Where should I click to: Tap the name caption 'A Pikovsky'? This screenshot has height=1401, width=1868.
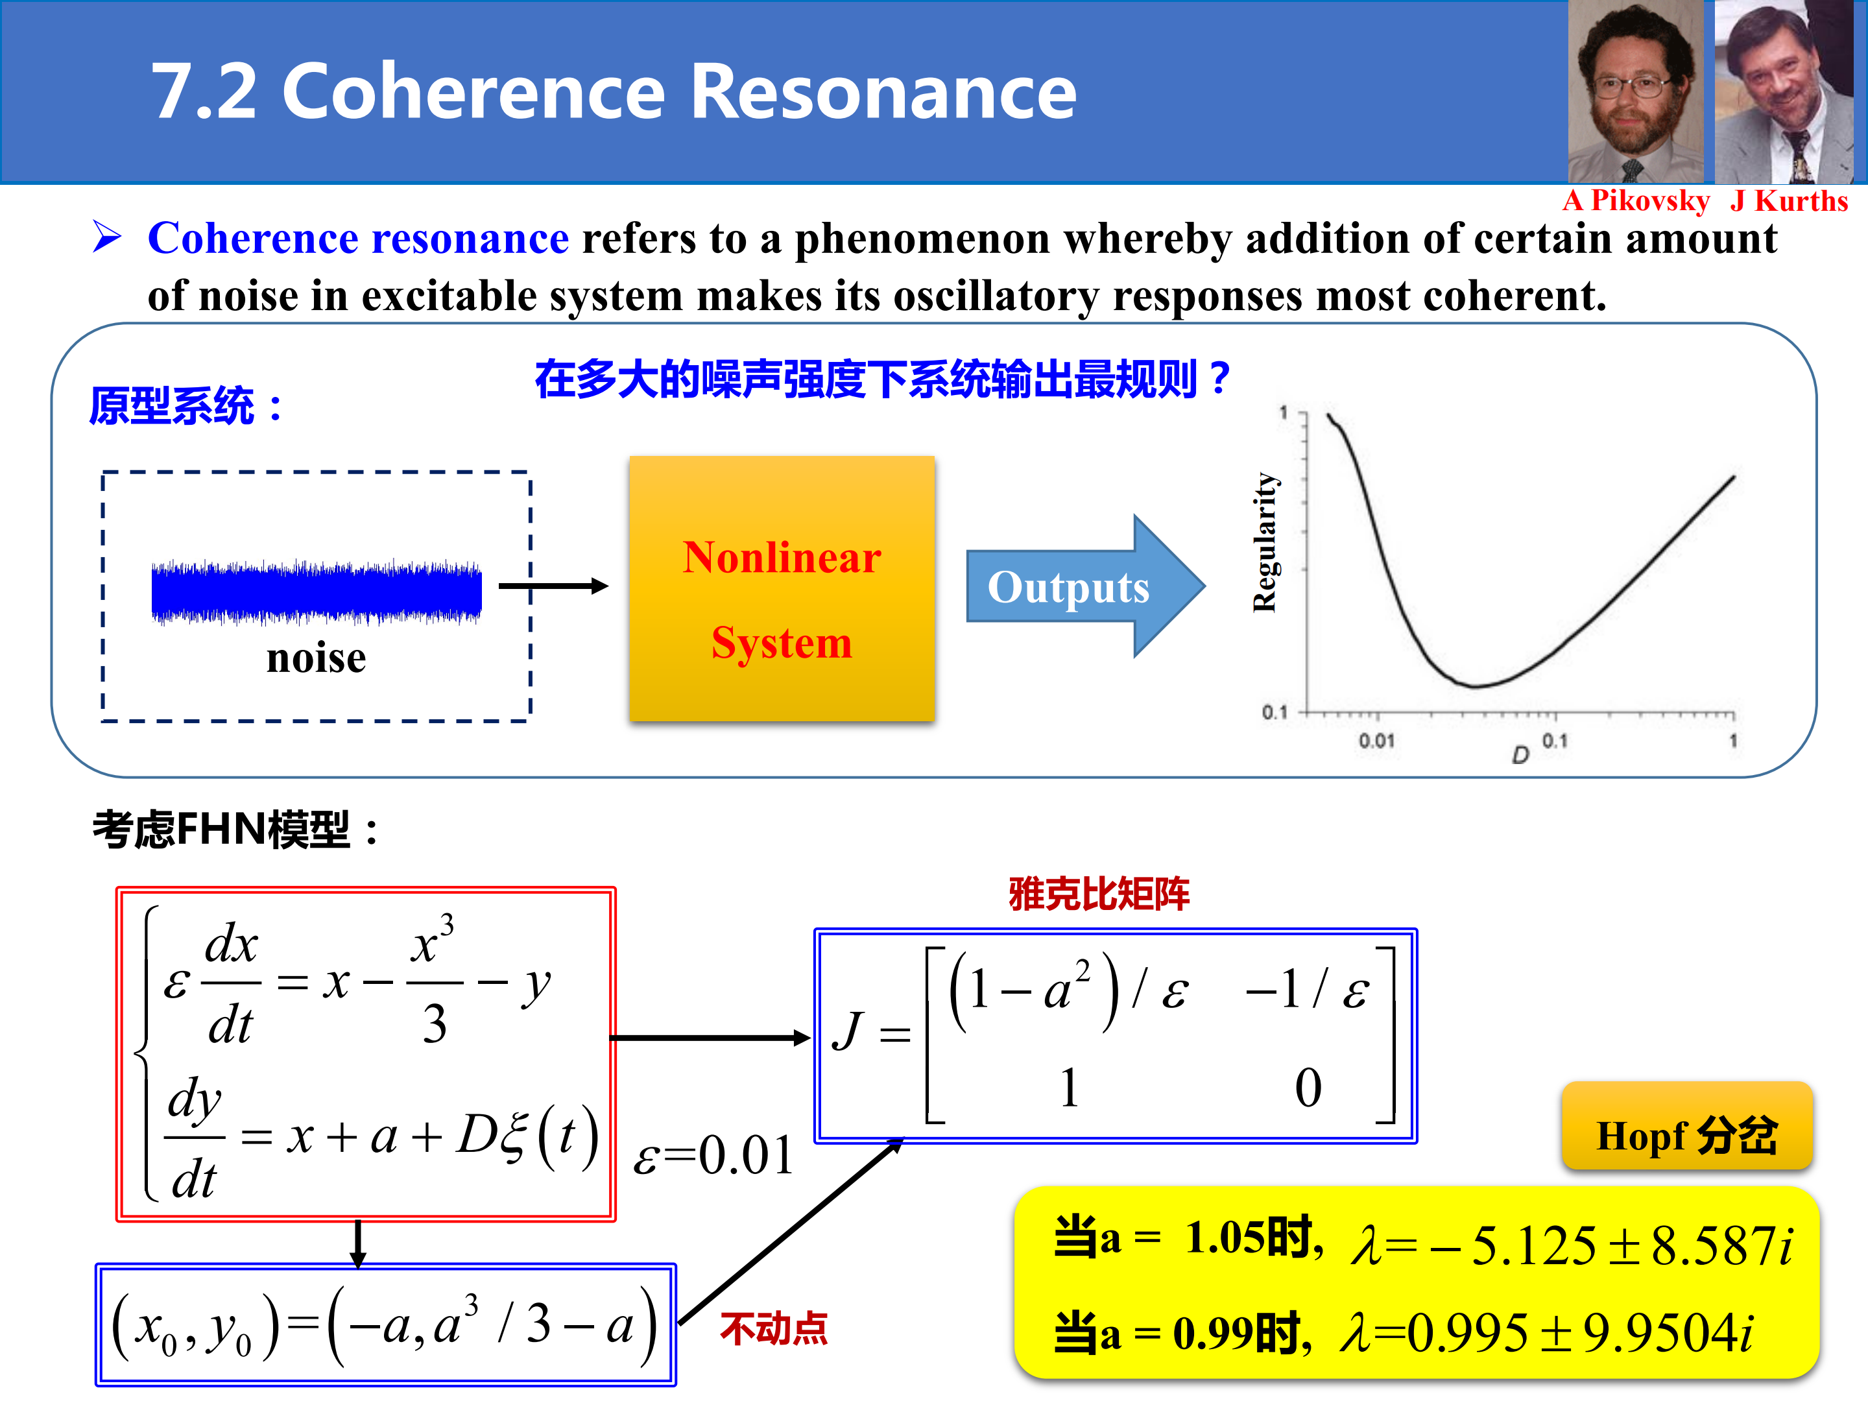click(1636, 201)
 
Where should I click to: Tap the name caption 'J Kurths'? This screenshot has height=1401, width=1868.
click(1790, 201)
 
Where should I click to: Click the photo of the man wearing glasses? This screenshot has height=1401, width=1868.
click(1636, 91)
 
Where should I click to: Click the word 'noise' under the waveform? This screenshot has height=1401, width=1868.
click(317, 658)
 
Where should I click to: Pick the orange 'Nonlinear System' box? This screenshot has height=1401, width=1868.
click(782, 588)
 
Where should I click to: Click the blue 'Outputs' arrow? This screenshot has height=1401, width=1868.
click(1086, 586)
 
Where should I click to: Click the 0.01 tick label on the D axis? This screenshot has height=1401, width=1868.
click(1376, 741)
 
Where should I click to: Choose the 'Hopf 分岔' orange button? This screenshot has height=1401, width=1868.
click(1687, 1127)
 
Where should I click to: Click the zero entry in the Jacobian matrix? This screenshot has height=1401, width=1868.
click(1308, 1087)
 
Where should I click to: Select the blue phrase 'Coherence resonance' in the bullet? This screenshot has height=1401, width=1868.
click(358, 238)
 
